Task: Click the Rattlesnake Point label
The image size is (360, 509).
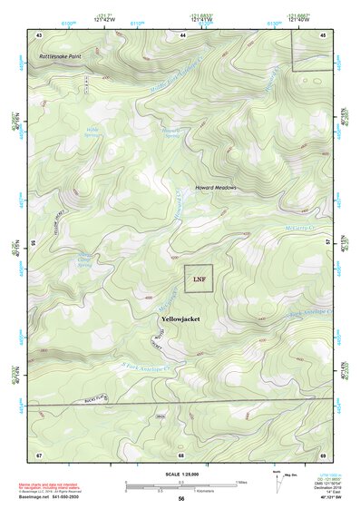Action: click(x=61, y=56)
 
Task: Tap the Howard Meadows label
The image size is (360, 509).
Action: click(x=216, y=187)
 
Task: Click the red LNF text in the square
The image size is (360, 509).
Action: click(x=199, y=279)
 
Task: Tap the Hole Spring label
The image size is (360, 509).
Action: click(x=93, y=132)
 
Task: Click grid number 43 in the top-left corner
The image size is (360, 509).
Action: click(x=39, y=34)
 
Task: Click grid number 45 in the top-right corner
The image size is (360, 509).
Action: click(x=324, y=34)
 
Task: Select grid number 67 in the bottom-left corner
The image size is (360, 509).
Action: click(x=39, y=454)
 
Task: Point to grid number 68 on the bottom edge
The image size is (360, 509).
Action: click(x=181, y=454)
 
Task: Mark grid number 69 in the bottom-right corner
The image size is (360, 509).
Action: click(x=323, y=454)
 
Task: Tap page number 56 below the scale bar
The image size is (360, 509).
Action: click(x=181, y=499)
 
